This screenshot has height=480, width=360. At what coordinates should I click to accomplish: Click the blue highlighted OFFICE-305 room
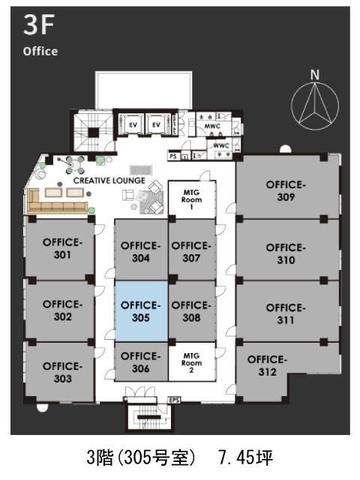(142, 311)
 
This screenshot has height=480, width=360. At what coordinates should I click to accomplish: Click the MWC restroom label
(212, 126)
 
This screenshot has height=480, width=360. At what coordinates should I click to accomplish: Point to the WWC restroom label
(221, 145)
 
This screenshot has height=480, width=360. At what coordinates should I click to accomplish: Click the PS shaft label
(173, 156)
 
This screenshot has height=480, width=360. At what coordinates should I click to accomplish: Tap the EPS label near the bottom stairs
(174, 400)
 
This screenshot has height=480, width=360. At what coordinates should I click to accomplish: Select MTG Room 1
(192, 199)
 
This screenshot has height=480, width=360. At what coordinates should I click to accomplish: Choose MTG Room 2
(192, 361)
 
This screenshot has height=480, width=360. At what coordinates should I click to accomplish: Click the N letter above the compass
(315, 75)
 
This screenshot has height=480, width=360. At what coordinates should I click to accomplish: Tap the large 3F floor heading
(38, 25)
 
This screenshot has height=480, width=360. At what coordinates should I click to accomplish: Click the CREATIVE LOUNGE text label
(109, 181)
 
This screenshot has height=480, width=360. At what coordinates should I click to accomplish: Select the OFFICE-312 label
(267, 365)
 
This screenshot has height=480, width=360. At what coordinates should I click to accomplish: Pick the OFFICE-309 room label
(286, 190)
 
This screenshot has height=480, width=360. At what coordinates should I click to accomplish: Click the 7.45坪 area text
(245, 457)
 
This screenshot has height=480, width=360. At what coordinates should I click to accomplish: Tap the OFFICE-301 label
(62, 248)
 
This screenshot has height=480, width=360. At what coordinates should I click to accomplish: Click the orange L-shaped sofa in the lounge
(58, 202)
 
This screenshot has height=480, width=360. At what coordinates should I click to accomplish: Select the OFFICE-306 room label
(140, 362)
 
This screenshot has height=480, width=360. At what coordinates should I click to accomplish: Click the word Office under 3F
(40, 51)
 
